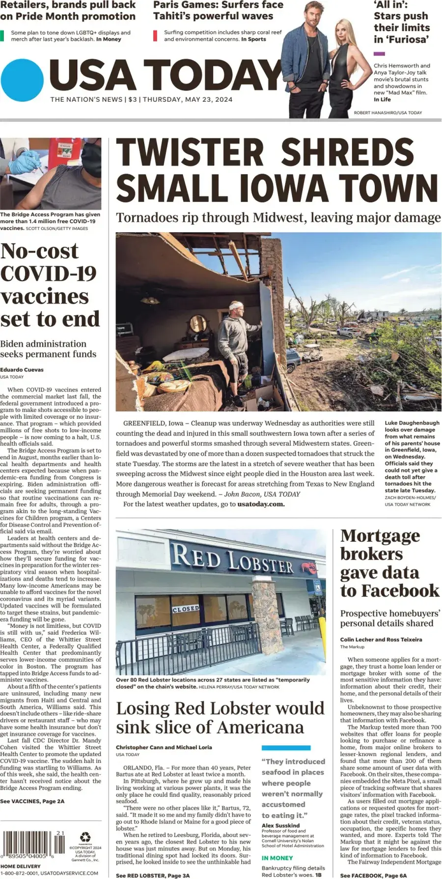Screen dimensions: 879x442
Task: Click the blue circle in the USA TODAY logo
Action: point(22,80)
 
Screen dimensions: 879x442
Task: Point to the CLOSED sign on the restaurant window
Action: point(186,609)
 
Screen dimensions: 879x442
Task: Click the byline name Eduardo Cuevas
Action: point(22,370)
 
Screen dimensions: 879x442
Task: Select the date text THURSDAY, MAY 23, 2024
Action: point(188,99)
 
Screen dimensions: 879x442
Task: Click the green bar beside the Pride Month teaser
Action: point(2,35)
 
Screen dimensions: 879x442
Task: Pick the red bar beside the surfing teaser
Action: point(155,35)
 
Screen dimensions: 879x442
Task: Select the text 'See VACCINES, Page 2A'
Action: point(32,801)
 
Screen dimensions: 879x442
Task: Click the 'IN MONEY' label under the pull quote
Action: point(277,858)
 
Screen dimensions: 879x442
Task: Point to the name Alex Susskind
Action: point(280,825)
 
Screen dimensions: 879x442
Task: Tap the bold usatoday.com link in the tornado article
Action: point(261,504)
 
